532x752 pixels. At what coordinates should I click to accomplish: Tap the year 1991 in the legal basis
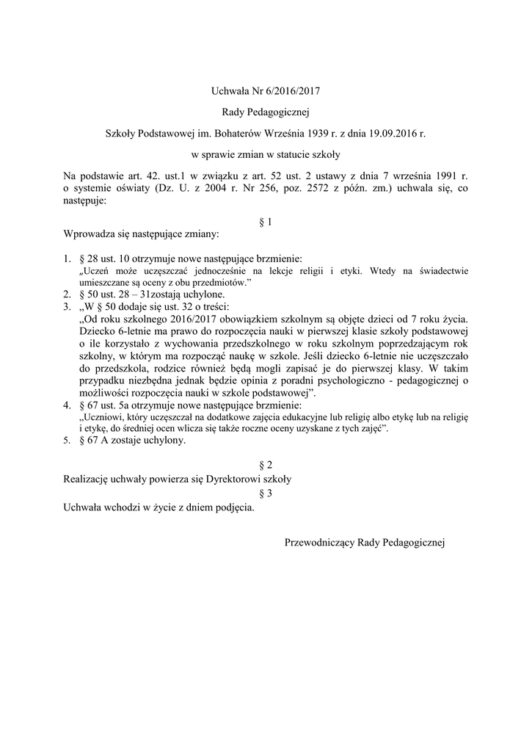(437, 176)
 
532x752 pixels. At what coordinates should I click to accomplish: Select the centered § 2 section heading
(266, 465)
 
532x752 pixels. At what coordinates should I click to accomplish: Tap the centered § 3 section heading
(266, 492)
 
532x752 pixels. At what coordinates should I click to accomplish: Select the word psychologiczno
(362, 381)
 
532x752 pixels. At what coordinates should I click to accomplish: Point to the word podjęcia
(234, 506)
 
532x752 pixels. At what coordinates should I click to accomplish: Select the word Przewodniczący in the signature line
(319, 543)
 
